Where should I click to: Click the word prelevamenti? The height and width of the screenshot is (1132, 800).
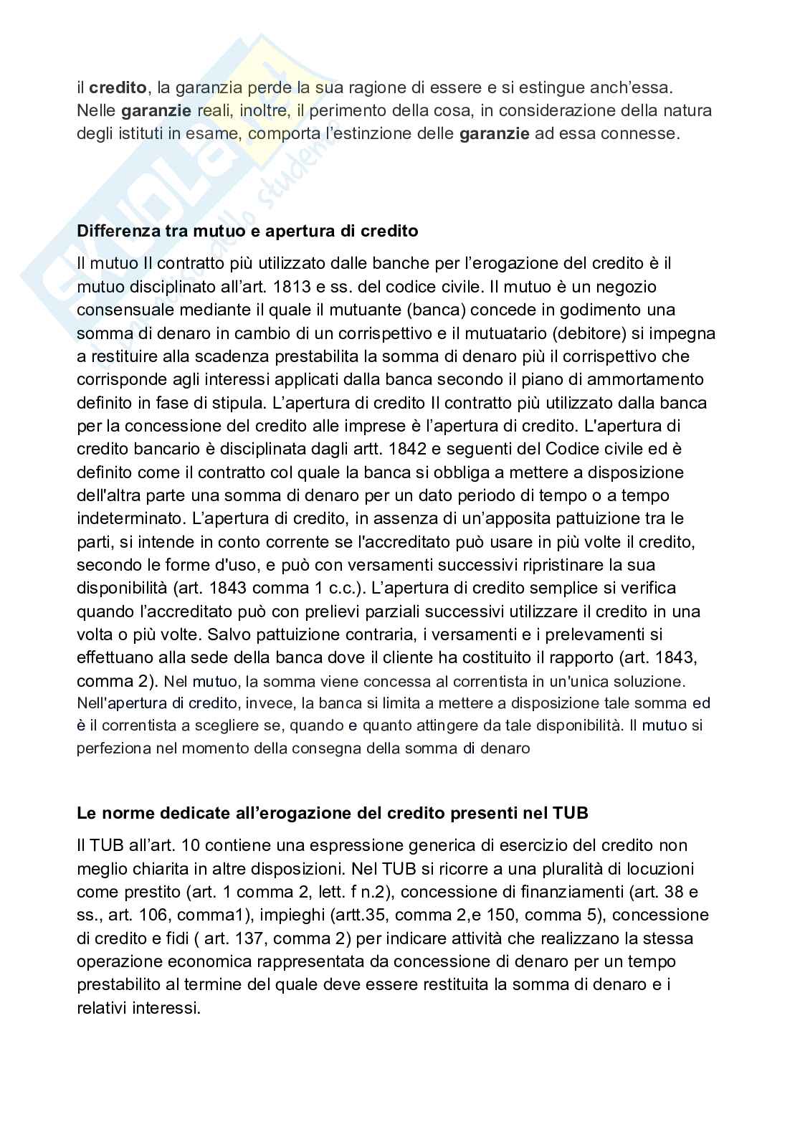click(x=581, y=634)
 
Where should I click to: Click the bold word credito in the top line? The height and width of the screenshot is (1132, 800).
click(x=118, y=88)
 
